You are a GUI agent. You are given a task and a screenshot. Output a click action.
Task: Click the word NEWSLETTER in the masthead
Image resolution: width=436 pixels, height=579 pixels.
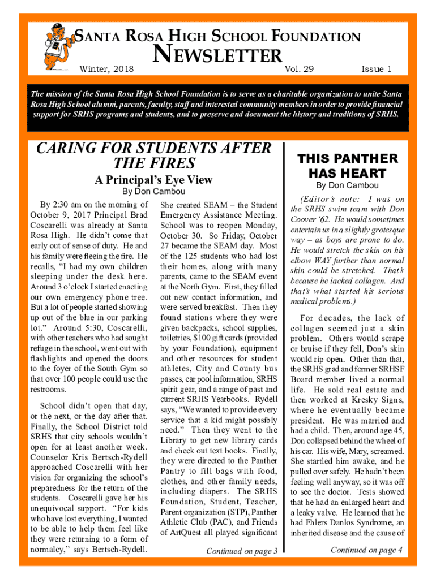(x=218, y=55)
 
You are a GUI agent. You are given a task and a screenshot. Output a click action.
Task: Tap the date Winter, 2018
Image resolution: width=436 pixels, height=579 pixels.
(x=108, y=70)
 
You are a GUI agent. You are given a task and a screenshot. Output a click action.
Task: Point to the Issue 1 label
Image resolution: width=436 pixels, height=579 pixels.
(x=376, y=70)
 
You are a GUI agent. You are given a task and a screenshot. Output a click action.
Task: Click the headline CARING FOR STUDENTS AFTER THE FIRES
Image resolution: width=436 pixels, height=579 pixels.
(x=154, y=155)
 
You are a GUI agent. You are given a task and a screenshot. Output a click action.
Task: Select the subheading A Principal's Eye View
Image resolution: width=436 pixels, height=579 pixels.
(x=153, y=180)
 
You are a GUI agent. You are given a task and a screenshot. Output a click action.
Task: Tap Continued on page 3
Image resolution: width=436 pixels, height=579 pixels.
(x=242, y=551)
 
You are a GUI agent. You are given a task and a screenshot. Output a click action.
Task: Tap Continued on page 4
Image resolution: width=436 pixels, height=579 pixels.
(x=366, y=550)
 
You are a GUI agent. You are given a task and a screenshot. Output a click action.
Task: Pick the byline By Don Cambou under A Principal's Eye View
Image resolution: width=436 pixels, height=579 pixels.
(x=154, y=192)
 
